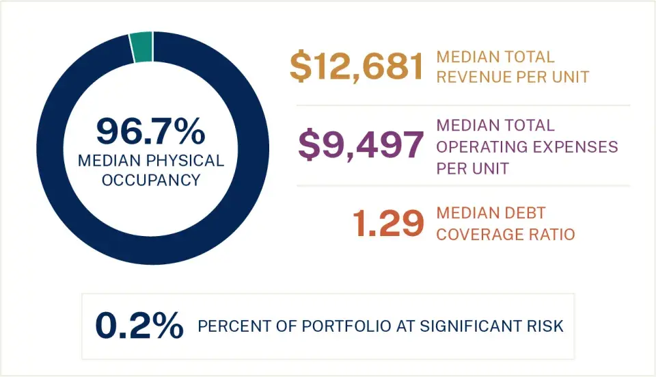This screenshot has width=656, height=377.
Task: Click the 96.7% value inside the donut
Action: coord(150,131)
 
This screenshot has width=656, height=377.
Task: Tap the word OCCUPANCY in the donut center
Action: coord(150,180)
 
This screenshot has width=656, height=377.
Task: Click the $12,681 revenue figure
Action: coord(357,67)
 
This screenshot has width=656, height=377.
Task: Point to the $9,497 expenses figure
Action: coord(361,146)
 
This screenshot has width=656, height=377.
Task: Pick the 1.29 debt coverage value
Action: coord(387,224)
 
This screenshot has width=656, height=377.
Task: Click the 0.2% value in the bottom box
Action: coord(139,326)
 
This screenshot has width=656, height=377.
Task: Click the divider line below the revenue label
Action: coord(463,105)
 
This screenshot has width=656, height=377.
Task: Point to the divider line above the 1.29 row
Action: coord(463,185)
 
